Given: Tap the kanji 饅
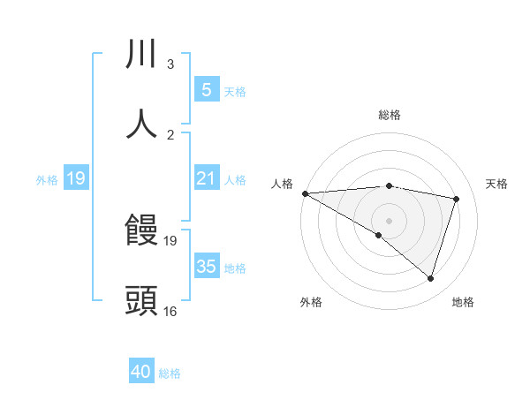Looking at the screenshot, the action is (x=141, y=231).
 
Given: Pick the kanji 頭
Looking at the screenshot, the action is (x=141, y=301).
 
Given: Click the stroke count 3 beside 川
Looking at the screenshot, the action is (x=170, y=64).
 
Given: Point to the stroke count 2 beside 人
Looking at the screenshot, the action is (x=170, y=134).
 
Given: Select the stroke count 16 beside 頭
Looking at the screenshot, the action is (x=170, y=311).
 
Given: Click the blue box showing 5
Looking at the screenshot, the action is (x=206, y=89).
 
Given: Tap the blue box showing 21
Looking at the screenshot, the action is (x=206, y=178).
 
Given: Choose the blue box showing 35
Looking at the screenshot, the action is (x=206, y=267).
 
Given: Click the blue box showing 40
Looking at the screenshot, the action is (x=141, y=373).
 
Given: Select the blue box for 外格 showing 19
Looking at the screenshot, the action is (x=76, y=178).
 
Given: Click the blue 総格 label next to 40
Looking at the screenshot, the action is (x=170, y=373).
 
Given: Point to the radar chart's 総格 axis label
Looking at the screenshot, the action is (x=390, y=115).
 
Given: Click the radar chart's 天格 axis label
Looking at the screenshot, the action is (x=497, y=184).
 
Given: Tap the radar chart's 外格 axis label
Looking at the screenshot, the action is (x=311, y=302).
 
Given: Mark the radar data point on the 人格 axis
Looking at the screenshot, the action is (x=305, y=193).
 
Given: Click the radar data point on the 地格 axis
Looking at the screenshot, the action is (x=430, y=278).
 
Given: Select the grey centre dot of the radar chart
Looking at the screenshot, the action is (x=389, y=220).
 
